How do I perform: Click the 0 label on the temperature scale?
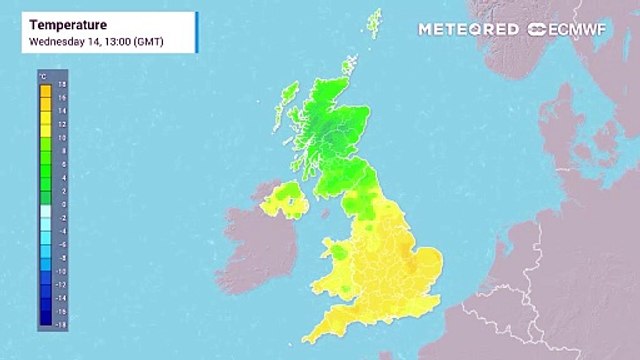(61, 204)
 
